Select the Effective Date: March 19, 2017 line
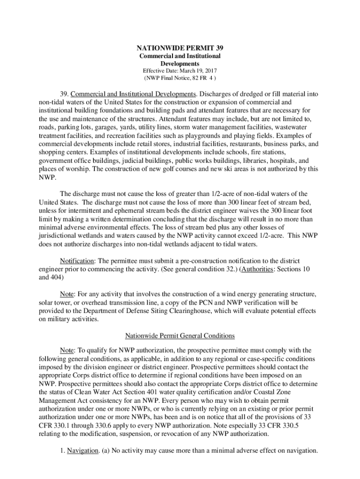[x=180, y=71]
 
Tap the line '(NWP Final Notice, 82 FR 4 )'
[x=180, y=78]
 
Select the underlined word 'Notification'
[x=78, y=260]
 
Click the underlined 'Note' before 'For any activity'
[x=67, y=294]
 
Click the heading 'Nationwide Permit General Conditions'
[x=180, y=335]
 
